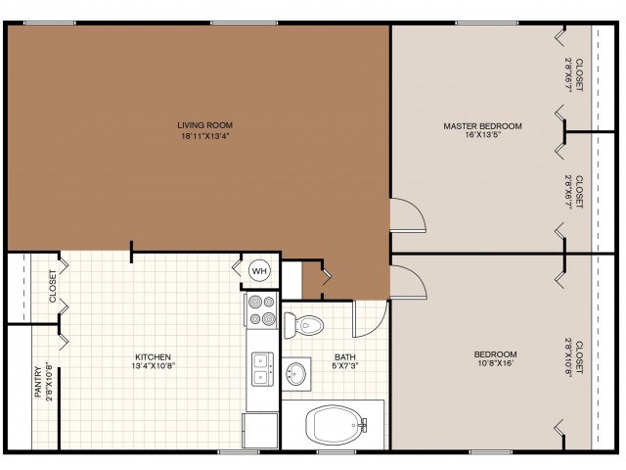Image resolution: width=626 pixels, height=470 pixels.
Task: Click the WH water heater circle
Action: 259,271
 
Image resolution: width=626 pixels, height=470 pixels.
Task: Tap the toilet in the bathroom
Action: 303,325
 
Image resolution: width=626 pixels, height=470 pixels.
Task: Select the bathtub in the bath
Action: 336,425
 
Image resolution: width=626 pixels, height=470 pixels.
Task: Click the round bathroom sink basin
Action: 296,374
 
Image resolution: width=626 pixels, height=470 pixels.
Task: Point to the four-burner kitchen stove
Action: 262,310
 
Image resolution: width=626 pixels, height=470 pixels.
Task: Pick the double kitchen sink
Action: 262,369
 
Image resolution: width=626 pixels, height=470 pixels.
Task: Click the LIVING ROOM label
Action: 204,125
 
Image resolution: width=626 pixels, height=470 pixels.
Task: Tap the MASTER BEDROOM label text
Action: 482,126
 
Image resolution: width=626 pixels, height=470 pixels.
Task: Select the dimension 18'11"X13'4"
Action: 205,136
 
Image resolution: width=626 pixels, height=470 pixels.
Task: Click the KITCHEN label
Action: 154,356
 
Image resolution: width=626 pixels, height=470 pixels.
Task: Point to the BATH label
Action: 345,356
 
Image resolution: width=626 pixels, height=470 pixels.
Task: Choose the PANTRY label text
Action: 38,382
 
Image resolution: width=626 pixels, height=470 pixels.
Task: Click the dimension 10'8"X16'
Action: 495,363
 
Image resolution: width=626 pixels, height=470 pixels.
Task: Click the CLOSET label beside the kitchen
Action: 53,286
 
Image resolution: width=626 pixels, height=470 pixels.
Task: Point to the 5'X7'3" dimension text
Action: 345,365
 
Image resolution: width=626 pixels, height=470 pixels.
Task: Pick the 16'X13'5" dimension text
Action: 482,135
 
